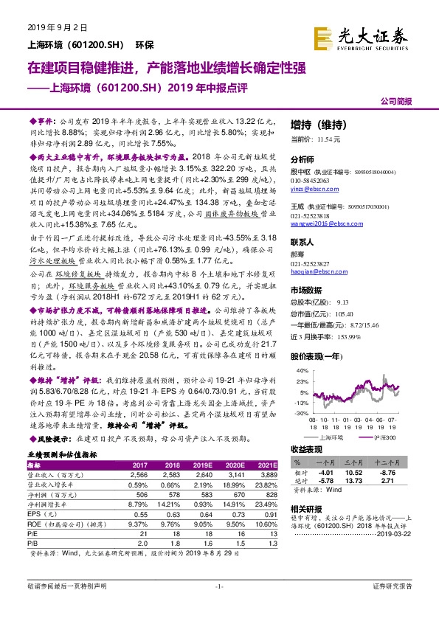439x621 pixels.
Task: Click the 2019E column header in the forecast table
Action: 203,465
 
